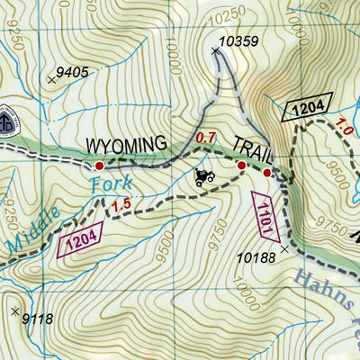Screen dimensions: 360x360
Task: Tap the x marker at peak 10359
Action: (x=215, y=51)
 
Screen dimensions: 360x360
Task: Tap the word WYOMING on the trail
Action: (x=126, y=144)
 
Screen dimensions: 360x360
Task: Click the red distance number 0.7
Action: (x=206, y=138)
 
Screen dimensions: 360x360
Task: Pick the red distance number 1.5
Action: (x=123, y=205)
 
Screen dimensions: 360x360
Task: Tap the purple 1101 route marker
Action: (x=263, y=216)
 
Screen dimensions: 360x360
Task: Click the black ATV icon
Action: (x=204, y=176)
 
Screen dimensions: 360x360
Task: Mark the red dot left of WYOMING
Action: (x=99, y=166)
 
